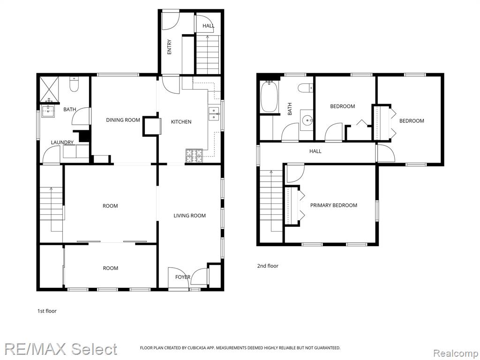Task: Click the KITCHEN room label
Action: click(x=181, y=122)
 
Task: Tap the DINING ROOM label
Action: click(x=123, y=120)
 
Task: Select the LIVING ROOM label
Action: click(x=189, y=216)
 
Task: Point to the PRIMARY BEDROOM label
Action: click(x=334, y=205)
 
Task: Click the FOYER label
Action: click(x=183, y=277)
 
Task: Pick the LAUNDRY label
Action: click(x=62, y=142)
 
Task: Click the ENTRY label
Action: click(x=169, y=47)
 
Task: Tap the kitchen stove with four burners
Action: click(x=194, y=156)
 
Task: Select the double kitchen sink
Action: click(x=214, y=114)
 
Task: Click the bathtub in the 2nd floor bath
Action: click(x=270, y=97)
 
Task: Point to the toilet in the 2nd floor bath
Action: click(x=306, y=88)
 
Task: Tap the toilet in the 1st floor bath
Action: click(x=74, y=84)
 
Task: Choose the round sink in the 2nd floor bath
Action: click(x=307, y=120)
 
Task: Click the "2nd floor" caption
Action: click(x=268, y=266)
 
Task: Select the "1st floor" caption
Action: click(x=47, y=311)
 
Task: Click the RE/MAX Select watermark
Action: click(x=60, y=349)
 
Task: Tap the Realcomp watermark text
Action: click(x=456, y=353)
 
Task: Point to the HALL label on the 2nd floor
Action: click(x=315, y=151)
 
